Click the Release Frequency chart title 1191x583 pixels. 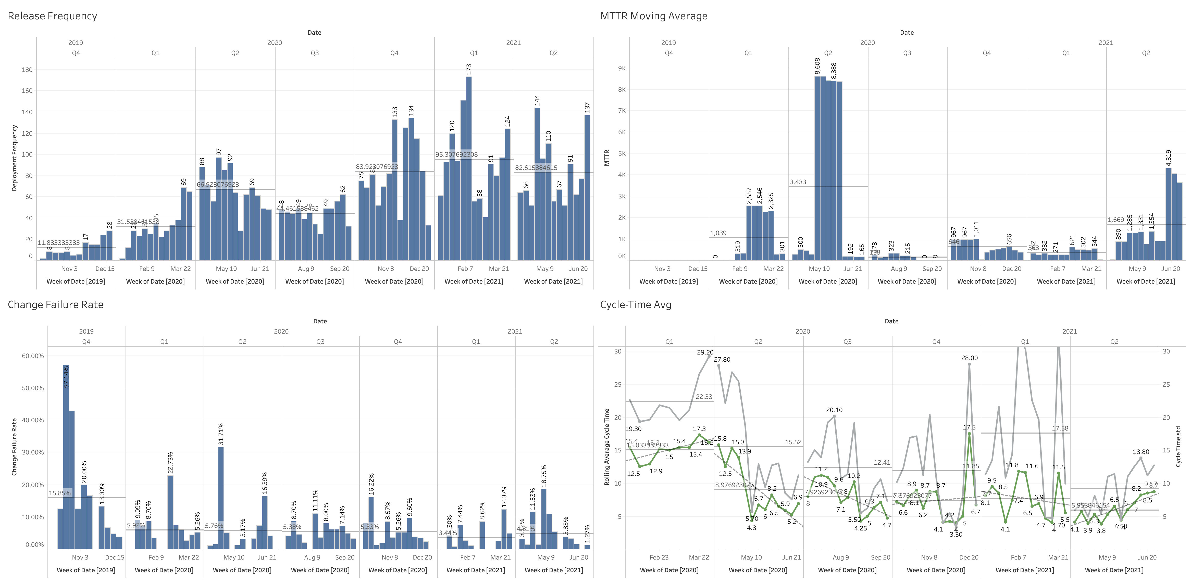[x=52, y=16]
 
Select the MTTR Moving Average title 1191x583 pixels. [x=653, y=16]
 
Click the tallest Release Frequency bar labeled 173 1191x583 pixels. [x=469, y=169]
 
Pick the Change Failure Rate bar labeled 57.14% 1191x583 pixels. [x=66, y=457]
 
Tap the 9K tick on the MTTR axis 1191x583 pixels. [x=622, y=68]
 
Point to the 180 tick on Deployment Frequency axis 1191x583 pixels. [x=27, y=70]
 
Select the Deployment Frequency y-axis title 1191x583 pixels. [x=14, y=158]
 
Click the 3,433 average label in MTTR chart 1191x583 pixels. [x=798, y=182]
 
